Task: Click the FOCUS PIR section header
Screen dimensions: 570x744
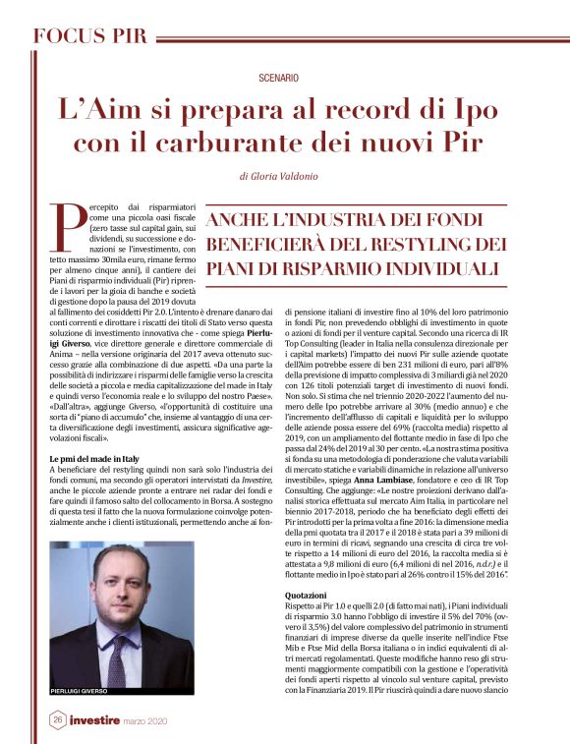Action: (89, 36)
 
